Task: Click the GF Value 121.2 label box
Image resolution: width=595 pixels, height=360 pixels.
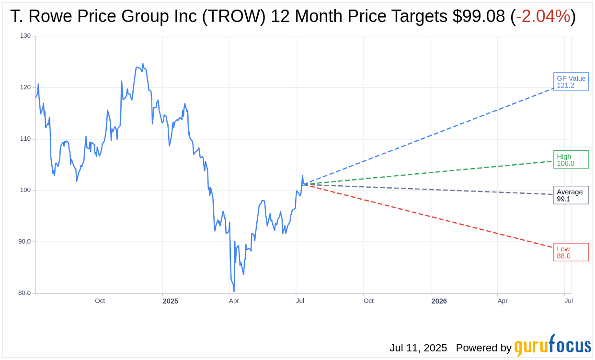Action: [571, 82]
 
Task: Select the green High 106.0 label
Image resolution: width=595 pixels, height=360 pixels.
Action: [571, 160]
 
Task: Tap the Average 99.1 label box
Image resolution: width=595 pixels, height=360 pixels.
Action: [571, 195]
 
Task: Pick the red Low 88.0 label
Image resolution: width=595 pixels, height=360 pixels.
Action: [571, 252]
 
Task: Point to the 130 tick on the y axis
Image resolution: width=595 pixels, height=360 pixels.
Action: [25, 36]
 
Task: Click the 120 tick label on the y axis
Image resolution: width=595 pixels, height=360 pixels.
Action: [25, 87]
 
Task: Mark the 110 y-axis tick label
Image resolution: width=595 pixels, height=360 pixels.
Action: [25, 139]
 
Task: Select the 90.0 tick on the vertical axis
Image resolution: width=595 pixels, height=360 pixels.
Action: [24, 242]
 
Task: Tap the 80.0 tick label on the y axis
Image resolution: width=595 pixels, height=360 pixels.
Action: [24, 293]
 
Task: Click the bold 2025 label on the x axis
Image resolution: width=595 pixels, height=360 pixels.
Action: [170, 301]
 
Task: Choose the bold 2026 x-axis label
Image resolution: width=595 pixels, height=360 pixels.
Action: [439, 301]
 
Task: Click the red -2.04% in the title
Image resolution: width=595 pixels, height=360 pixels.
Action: [543, 17]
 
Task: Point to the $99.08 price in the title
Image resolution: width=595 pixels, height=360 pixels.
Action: [479, 17]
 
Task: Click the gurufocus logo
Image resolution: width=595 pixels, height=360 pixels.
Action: [552, 346]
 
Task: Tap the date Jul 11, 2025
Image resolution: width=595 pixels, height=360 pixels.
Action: [418, 348]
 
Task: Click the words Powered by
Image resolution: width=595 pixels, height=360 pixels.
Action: [483, 348]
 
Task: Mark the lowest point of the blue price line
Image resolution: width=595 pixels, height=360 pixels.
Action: [234, 291]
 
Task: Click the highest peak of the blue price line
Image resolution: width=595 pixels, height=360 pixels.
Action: [143, 64]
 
